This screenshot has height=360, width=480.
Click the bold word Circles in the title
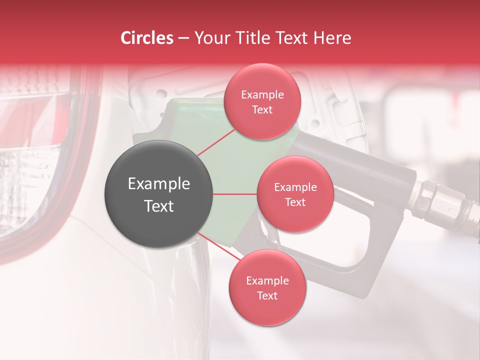[x=147, y=38]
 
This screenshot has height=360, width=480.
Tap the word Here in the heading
[x=332, y=38]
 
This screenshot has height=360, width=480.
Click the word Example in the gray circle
[x=159, y=184]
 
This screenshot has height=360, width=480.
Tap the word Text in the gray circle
[x=159, y=206]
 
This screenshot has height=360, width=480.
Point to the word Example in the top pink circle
[x=262, y=95]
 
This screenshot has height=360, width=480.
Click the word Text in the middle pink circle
[x=295, y=202]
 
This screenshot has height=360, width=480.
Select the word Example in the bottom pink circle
[x=267, y=281]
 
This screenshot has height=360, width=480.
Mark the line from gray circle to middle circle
[x=235, y=194]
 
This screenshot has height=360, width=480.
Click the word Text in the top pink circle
[x=262, y=110]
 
